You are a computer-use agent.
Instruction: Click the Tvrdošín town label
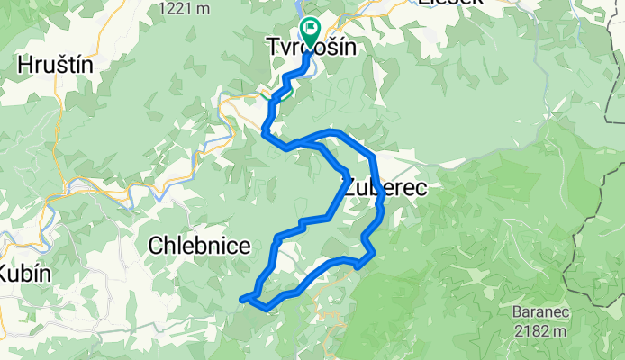[x=309, y=47]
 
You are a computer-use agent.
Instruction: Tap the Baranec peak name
[x=539, y=313]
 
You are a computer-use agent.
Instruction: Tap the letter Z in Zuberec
[x=349, y=187]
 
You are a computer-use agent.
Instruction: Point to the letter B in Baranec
[x=516, y=313]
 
